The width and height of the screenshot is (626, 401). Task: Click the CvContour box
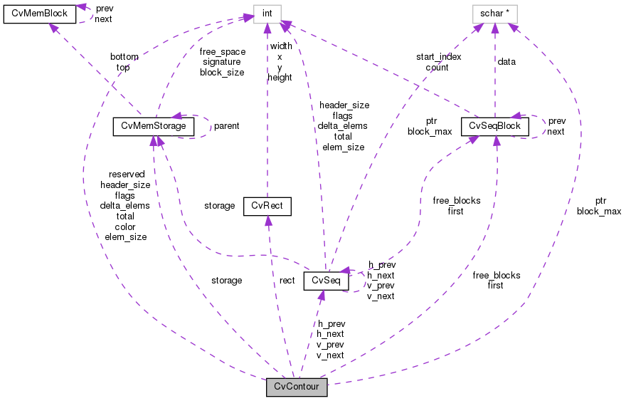pyautogui.click(x=297, y=387)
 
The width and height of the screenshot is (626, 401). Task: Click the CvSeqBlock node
pyautogui.click(x=495, y=126)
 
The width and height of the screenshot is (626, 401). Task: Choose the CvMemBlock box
pyautogui.click(x=40, y=14)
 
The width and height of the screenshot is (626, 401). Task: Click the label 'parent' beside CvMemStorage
pyautogui.click(x=226, y=126)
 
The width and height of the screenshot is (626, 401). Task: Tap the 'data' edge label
pyautogui.click(x=506, y=62)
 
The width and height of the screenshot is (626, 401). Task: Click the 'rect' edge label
pyautogui.click(x=287, y=281)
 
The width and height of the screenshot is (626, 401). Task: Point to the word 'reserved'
pyautogui.click(x=127, y=174)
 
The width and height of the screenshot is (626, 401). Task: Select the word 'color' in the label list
pyautogui.click(x=125, y=227)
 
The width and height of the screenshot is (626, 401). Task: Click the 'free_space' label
pyautogui.click(x=222, y=51)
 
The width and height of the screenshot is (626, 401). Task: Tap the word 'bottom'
pyautogui.click(x=124, y=56)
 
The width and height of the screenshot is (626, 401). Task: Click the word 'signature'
pyautogui.click(x=222, y=62)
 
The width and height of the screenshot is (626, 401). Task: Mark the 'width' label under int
pyautogui.click(x=281, y=46)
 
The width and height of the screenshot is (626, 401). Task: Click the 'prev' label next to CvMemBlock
pyautogui.click(x=104, y=9)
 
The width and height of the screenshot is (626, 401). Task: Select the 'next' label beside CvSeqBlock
pyautogui.click(x=556, y=132)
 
